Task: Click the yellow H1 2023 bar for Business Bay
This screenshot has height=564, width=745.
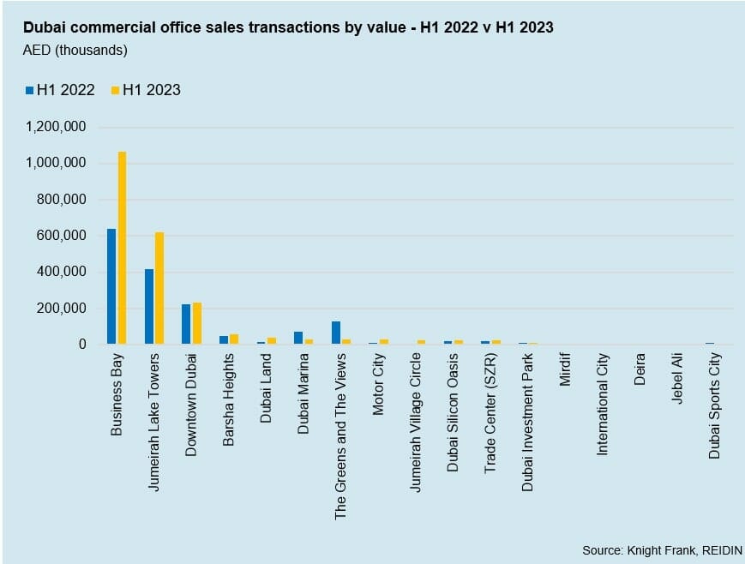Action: [x=122, y=248]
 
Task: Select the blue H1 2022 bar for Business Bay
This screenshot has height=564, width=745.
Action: [x=111, y=286]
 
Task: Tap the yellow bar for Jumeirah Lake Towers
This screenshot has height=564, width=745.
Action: [x=159, y=288]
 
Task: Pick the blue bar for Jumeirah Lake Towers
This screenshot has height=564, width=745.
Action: [x=149, y=306]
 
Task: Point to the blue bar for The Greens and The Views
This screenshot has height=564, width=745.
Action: [x=336, y=333]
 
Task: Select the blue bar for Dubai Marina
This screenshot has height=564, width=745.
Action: [x=298, y=338]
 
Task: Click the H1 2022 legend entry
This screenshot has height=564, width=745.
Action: [x=60, y=89]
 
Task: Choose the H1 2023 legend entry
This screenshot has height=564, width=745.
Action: [x=146, y=89]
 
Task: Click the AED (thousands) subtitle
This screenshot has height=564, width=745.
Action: [x=75, y=50]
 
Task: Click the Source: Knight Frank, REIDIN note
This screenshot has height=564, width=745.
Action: [x=662, y=549]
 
